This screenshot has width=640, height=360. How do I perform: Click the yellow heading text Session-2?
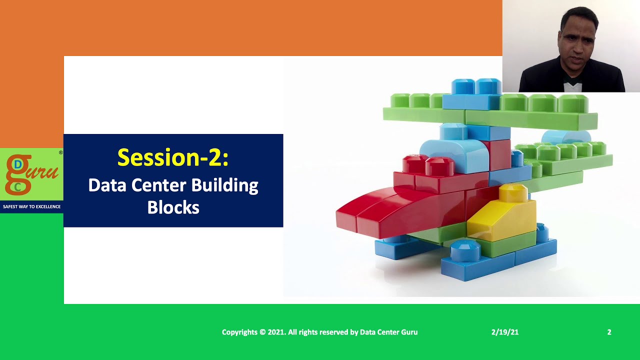coord(173,157)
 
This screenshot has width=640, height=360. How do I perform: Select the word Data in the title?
coord(107,185)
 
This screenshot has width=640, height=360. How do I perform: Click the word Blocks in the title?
coord(173,207)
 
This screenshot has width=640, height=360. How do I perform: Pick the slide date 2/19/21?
coord(504,332)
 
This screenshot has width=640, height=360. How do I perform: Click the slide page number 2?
coord(609,332)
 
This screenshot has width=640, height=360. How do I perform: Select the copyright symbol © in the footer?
coord(262,332)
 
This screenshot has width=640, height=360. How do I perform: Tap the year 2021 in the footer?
coord(276,332)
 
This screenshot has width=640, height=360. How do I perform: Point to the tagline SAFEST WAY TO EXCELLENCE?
coord(31,206)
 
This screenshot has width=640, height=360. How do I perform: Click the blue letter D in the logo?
coord(18,164)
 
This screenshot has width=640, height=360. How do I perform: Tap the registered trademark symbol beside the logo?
coord(60,152)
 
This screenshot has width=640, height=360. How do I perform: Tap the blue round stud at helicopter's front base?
coord(465,248)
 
